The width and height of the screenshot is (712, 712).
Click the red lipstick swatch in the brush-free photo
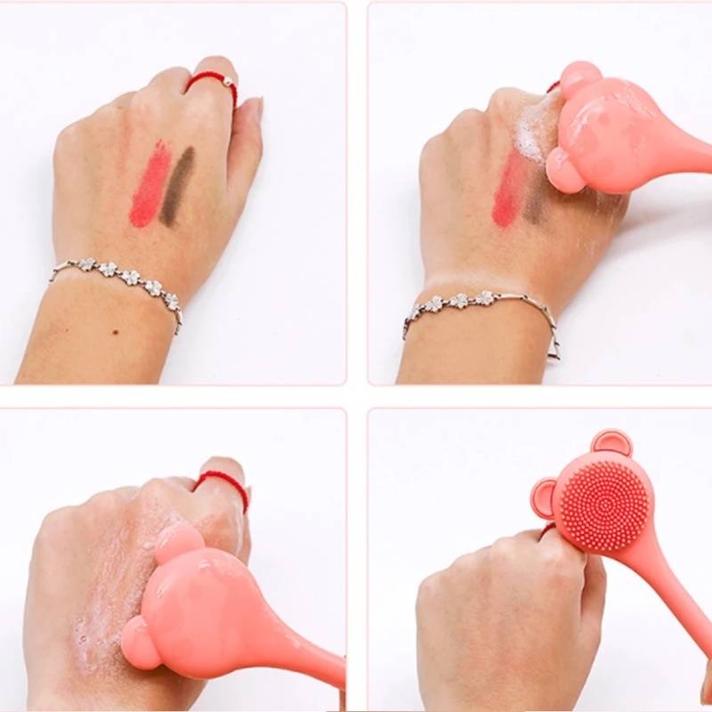click(x=150, y=184)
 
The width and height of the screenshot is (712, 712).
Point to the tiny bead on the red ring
click(x=227, y=81)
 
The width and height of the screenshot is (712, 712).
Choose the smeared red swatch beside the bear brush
click(x=509, y=190)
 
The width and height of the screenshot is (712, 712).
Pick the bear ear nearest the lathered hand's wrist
click(x=140, y=641)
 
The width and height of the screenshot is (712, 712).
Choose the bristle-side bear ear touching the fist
click(x=544, y=499)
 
